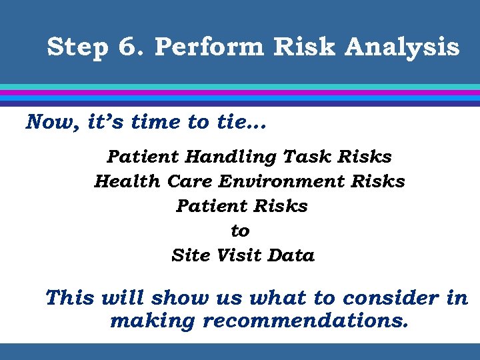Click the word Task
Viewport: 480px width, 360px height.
click(x=307, y=157)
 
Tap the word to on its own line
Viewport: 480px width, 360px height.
click(x=240, y=231)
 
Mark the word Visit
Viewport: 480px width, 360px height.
click(x=237, y=256)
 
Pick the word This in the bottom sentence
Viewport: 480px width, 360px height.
click(x=71, y=298)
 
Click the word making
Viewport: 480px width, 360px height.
click(x=153, y=321)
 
